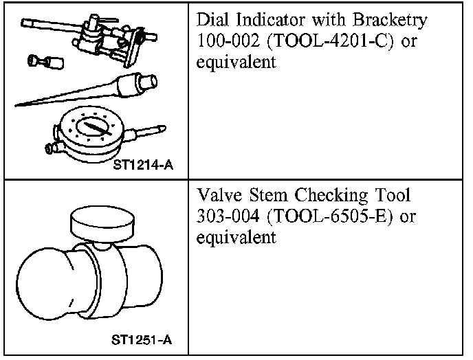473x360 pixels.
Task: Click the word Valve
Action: click(216, 195)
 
